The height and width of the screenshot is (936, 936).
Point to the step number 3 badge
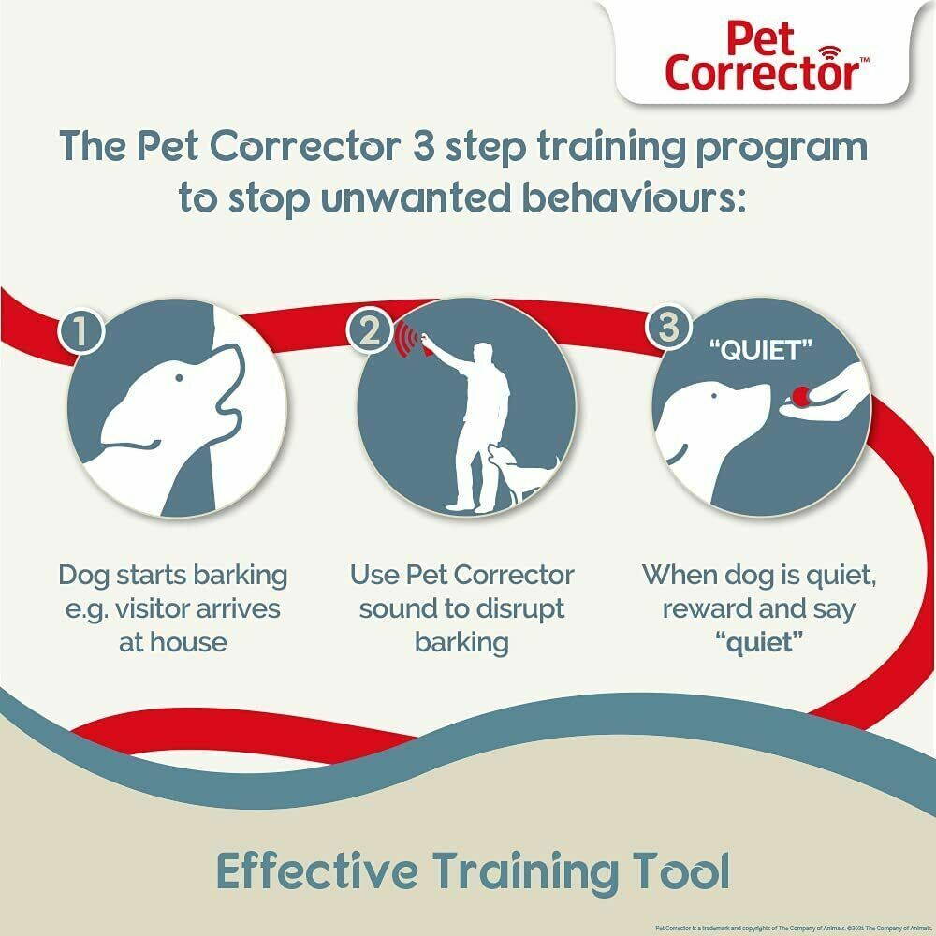[666, 327]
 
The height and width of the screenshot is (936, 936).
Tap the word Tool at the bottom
[683, 870]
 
